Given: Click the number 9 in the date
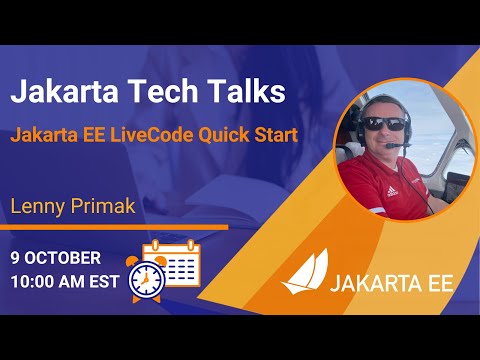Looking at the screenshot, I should coord(16,257).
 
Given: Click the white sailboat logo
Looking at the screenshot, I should coord(304,274).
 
